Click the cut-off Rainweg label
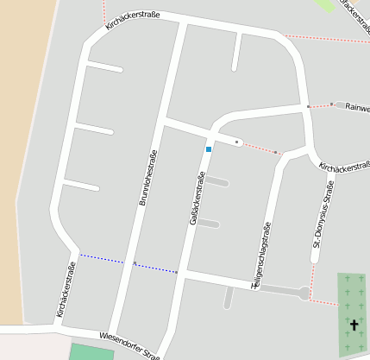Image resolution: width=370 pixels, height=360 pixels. click(357, 108)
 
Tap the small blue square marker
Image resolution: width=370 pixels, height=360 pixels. click(208, 149)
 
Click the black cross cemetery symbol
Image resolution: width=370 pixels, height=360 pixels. click(353, 325)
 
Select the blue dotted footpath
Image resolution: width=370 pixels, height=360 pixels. click(129, 263)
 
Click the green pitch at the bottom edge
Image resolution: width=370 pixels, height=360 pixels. click(91, 352)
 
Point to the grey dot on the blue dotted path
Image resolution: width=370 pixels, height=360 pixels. click(135, 263)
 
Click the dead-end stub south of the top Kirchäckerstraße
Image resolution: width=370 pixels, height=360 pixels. click(235, 54)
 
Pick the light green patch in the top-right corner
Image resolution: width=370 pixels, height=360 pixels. click(325, 4)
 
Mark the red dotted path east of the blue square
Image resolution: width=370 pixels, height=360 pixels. click(259, 148)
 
